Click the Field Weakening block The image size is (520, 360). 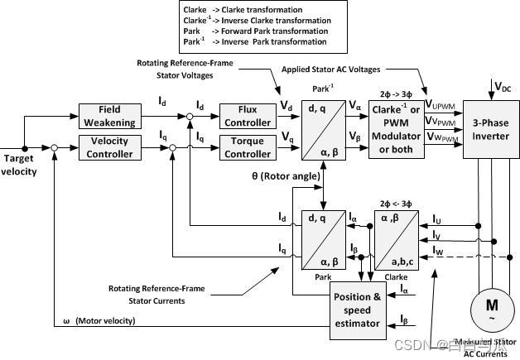(x=110, y=116)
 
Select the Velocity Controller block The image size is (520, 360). (x=110, y=148)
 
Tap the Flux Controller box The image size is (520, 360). (x=247, y=116)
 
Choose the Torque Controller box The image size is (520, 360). (x=247, y=148)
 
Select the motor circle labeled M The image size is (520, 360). (x=484, y=308)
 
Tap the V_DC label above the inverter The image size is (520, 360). (x=502, y=87)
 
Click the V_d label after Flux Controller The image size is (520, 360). (x=286, y=107)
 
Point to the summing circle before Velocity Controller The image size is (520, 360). (x=54, y=148)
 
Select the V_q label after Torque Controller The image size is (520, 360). (x=286, y=137)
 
